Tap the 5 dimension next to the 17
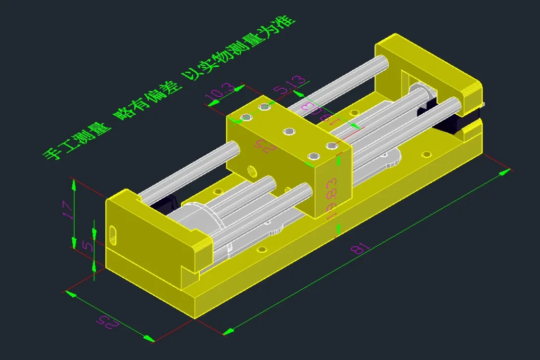[88, 246]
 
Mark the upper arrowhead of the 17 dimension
[74, 184]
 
